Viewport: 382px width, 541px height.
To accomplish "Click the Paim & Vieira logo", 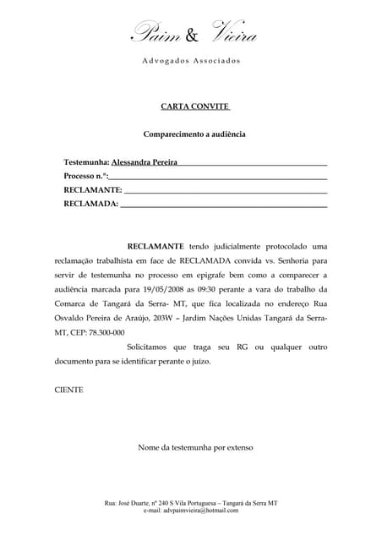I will coord(193,35).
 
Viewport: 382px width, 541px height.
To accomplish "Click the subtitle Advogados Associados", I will coord(191,61).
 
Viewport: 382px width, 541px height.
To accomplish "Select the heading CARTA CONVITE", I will coord(190,107).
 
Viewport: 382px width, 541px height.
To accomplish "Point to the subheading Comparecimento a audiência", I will coord(194,134).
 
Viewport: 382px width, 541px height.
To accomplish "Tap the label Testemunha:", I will coord(87,161).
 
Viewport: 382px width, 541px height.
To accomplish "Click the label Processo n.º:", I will coord(85,176).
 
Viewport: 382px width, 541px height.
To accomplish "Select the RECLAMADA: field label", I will coord(90,204).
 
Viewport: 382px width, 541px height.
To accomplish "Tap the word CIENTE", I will coord(68,390).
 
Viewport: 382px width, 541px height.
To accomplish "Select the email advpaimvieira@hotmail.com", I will coord(191,511).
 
